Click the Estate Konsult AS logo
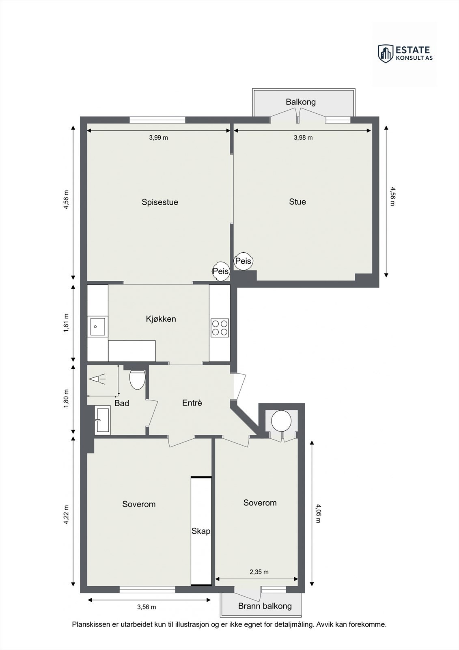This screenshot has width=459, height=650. coord(405,53)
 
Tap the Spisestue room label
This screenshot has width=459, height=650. coord(160,202)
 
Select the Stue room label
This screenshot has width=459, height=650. coord(297,201)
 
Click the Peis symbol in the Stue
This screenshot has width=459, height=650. coord(244,261)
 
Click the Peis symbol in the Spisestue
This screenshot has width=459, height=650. coord(221,271)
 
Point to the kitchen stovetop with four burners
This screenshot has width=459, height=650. coord(220,327)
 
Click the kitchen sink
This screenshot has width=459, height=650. coord(97,327)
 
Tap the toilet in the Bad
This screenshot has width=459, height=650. coord(137,379)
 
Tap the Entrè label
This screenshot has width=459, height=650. coord(192,403)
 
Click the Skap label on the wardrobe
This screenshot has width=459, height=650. coord(201,531)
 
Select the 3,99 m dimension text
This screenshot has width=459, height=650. coord(158,138)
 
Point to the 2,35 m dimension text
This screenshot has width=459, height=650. coord(259,572)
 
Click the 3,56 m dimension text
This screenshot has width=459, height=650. coord(147,607)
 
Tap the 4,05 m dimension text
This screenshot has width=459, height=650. coord(318,513)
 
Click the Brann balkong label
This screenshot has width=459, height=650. coord(265,606)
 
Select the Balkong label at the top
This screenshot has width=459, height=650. coord(300,102)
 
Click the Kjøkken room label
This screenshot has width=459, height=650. coord(161,319)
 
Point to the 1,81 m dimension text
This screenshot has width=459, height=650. coord(66,323)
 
